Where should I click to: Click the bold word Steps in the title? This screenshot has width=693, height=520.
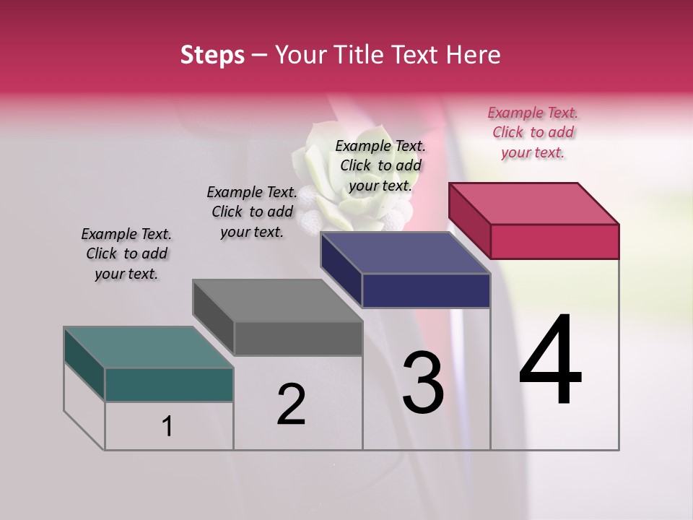[212, 55]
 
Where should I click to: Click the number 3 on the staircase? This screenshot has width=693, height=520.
[423, 383]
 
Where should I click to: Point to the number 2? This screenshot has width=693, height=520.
[292, 404]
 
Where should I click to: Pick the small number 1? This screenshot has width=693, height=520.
[167, 426]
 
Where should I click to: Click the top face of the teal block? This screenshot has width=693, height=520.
[148, 347]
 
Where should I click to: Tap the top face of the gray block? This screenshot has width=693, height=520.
[277, 300]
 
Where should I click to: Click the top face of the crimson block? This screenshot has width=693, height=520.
[534, 203]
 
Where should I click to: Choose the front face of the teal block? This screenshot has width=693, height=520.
[169, 384]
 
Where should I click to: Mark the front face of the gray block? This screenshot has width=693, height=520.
[297, 338]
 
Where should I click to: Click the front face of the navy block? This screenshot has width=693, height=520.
[426, 290]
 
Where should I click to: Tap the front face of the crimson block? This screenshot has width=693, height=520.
[554, 241]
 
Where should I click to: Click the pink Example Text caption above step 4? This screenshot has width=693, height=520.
[533, 132]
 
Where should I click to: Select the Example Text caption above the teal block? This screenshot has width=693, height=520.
[126, 253]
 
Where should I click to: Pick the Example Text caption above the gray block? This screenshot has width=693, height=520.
[252, 212]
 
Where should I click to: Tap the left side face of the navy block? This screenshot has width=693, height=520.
[341, 269]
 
